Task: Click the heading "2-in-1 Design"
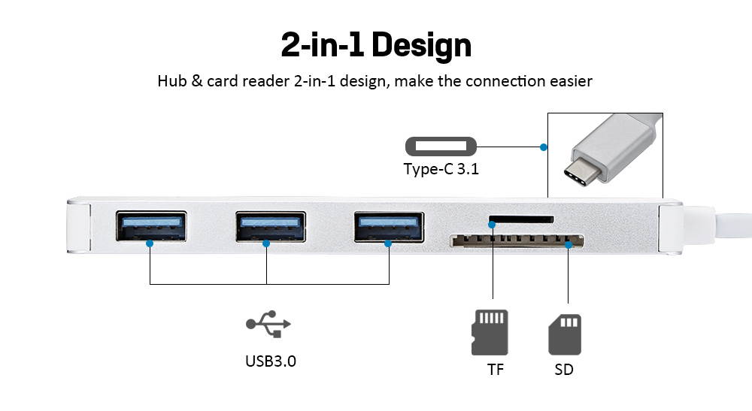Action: point(376,45)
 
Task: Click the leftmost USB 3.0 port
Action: point(151,226)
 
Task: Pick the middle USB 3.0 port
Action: point(270,226)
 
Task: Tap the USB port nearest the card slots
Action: point(389,226)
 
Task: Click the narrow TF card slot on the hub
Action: point(521,221)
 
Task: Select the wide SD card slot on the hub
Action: point(517,242)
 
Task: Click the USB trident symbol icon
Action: point(268,324)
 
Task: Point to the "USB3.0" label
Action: point(271,361)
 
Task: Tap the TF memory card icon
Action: point(490,332)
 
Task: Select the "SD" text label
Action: point(564,370)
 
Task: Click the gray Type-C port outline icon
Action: point(441,146)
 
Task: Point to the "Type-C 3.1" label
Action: point(441,169)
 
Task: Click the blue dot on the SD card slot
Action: point(569,244)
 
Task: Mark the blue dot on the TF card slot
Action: point(493,224)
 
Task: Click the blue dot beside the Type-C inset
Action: point(542,147)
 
